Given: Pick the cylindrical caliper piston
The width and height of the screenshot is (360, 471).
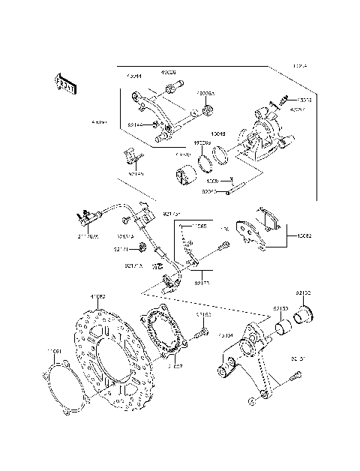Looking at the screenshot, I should coord(185,181).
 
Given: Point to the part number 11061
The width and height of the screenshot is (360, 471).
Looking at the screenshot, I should coord(53,351).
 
